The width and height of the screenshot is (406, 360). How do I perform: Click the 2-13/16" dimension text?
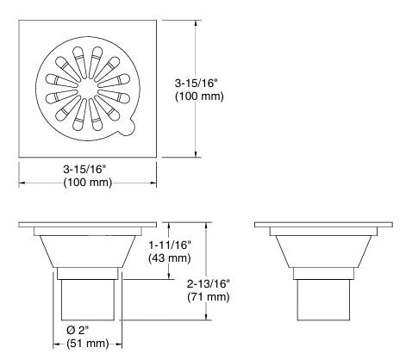tap(211, 284)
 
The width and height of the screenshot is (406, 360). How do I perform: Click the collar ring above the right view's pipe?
tap(320, 274)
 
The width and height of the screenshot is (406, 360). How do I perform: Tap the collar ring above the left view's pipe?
tap(87, 274)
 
